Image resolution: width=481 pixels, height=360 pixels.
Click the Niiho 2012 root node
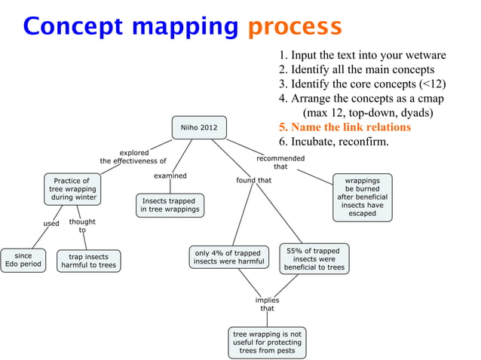pyautogui.click(x=198, y=127)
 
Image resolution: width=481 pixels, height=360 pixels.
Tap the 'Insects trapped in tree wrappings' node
pyautogui.click(x=169, y=205)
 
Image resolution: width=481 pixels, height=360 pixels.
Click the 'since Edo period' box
pyautogui.click(x=23, y=260)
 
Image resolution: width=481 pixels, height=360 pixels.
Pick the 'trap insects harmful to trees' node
pyautogui.click(x=88, y=261)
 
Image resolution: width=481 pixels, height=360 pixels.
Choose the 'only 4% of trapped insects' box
pyautogui.click(x=228, y=258)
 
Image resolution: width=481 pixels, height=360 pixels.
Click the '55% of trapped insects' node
pyautogui.click(x=314, y=258)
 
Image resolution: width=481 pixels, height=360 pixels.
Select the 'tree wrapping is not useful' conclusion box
pyautogui.click(x=267, y=342)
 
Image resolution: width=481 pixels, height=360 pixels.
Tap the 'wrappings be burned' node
pyautogui.click(x=363, y=197)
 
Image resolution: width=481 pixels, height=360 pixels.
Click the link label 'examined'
pyautogui.click(x=170, y=175)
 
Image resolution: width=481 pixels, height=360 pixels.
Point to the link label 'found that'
pyautogui.click(x=254, y=180)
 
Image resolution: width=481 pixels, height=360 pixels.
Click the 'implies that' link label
pyautogui.click(x=267, y=304)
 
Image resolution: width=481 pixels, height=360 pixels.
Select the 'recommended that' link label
pyautogui.click(x=280, y=163)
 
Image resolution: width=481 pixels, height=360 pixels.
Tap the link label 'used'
pyautogui.click(x=51, y=224)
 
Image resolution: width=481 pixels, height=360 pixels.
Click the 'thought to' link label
pyautogui.click(x=82, y=225)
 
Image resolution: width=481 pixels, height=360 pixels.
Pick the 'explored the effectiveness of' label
pyautogui.click(x=133, y=157)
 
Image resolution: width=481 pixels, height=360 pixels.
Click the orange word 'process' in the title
pyautogui.click(x=295, y=26)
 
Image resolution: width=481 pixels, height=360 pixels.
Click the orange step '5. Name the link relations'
pyautogui.click(x=345, y=127)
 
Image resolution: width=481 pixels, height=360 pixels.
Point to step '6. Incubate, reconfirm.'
pyautogui.click(x=333, y=142)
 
